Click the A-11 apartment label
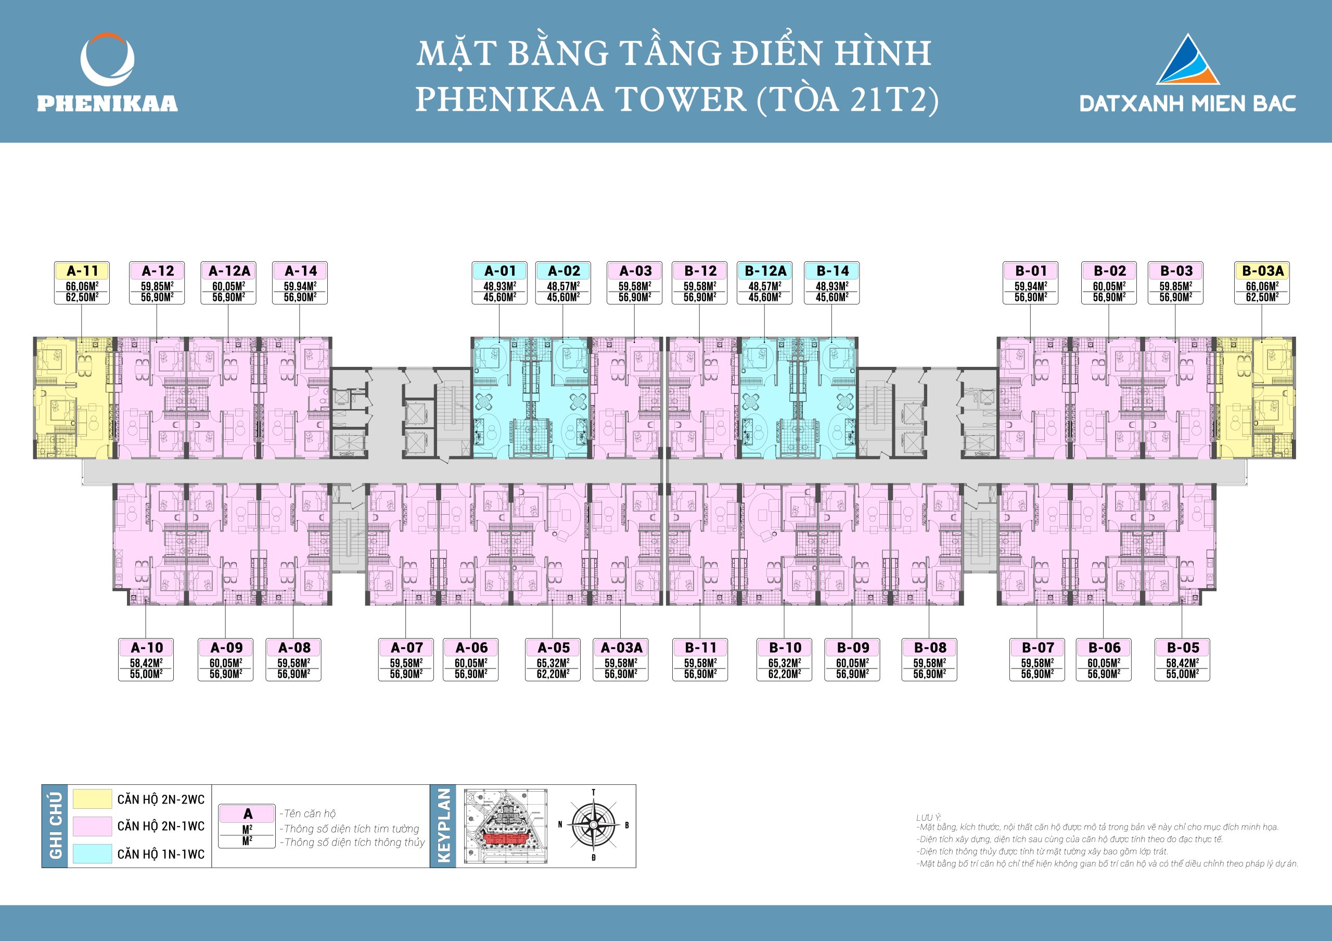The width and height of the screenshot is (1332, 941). coord(82,271)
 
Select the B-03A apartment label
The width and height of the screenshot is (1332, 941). coord(1262,271)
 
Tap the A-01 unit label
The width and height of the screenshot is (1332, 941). coord(499,271)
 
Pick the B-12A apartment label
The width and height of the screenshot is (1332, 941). coord(765,271)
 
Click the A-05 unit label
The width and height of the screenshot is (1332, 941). coord(553,647)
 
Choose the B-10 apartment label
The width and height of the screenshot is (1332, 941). coord(784,647)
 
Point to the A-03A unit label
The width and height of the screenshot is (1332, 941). coord(621,647)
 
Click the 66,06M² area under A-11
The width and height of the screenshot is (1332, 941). coord(82,286)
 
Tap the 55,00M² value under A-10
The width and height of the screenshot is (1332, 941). coord(146,674)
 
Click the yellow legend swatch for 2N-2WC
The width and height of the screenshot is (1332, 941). coord(92,799)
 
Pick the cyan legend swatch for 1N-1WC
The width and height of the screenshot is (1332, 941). coord(92,854)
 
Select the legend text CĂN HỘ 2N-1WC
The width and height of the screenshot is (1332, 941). coord(161,826)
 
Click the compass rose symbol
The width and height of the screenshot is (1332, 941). coord(594,824)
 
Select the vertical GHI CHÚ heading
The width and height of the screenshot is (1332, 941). coord(56,826)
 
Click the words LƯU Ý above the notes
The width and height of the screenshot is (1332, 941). coord(928,818)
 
